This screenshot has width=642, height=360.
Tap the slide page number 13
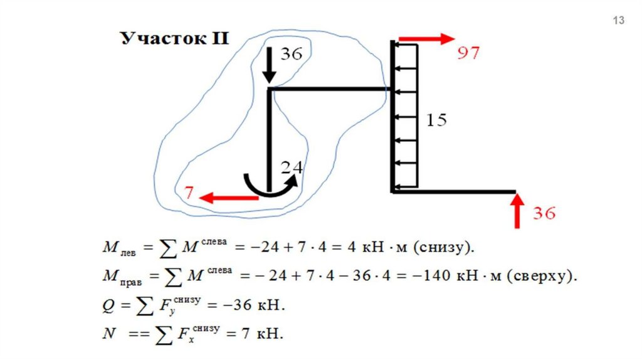pyautogui.click(x=618, y=21)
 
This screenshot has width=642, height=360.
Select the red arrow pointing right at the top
pyautogui.click(x=426, y=39)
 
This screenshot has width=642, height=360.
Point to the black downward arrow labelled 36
pyautogui.click(x=269, y=66)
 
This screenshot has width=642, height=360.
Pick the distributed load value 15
pyautogui.click(x=436, y=120)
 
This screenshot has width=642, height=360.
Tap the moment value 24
pyautogui.click(x=292, y=167)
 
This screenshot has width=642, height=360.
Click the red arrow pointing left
pyautogui.click(x=229, y=198)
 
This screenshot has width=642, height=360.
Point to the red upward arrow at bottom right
pyautogui.click(x=517, y=212)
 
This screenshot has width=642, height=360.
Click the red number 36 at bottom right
pyautogui.click(x=544, y=213)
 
